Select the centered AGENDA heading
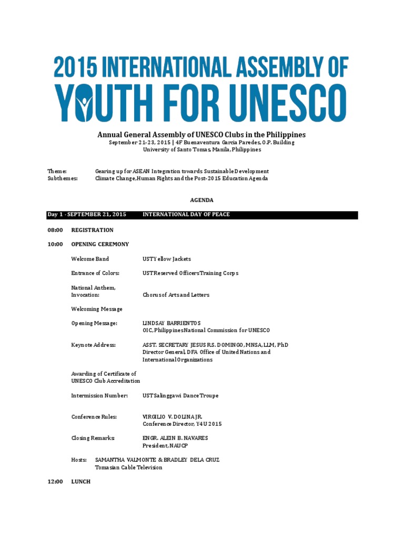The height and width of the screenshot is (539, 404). tap(201, 200)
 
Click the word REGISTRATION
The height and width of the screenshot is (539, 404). tap(92, 230)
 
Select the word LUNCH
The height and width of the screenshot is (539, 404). tap(81, 482)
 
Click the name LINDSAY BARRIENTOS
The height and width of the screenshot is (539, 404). tap(171, 323)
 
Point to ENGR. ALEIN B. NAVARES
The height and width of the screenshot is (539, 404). tap(175, 438)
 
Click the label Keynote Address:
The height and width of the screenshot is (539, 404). tap(93, 345)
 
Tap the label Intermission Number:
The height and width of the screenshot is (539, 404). tap(99, 395)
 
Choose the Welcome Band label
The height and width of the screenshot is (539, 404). tap(90, 259)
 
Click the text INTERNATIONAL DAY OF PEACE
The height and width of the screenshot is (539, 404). tap(186, 215)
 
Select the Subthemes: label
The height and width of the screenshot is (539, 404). tap(63, 178)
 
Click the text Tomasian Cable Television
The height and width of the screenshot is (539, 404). tap(128, 467)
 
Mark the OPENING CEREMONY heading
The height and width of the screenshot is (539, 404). tap(100, 244)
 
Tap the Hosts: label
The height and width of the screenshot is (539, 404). tap(79, 460)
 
